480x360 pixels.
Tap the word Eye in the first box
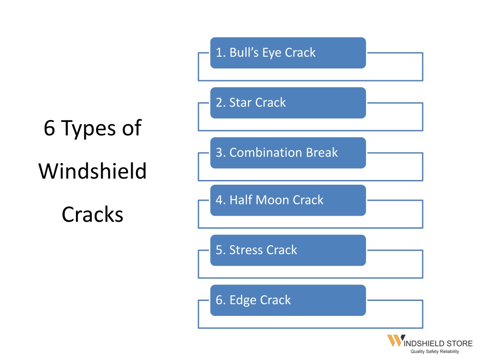tap(271, 53)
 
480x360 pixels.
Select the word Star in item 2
tap(240, 103)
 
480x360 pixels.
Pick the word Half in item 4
tap(240, 200)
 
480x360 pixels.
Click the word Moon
tap(272, 200)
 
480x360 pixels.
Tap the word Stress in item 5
tap(246, 250)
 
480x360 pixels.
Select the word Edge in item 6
tap(243, 300)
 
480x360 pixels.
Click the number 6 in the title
tap(50, 128)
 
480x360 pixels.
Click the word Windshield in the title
tap(92, 171)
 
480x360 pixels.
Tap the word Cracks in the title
tap(92, 214)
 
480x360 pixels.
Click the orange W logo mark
tap(396, 340)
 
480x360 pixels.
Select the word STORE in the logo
tap(459, 344)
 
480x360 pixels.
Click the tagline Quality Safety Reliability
tap(435, 352)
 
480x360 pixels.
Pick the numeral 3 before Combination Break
tap(219, 152)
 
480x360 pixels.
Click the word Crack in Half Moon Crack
tap(308, 200)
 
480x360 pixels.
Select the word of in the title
tap(132, 128)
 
